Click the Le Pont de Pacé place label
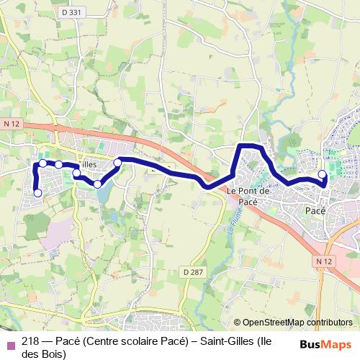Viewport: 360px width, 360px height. pos(248,196)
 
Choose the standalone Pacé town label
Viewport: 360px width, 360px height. pos(315,210)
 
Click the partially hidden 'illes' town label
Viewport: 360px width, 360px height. pos(89,165)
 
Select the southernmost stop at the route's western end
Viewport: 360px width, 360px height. pos(37,192)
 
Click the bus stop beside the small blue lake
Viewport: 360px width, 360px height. pos(97,184)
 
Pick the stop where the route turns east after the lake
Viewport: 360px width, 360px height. pos(117,163)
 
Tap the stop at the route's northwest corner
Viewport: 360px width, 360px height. pos(42,163)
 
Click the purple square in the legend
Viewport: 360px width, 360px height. pos(10,343)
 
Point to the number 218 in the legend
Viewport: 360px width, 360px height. pos(31,342)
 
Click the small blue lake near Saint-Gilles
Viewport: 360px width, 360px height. pos(103,193)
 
